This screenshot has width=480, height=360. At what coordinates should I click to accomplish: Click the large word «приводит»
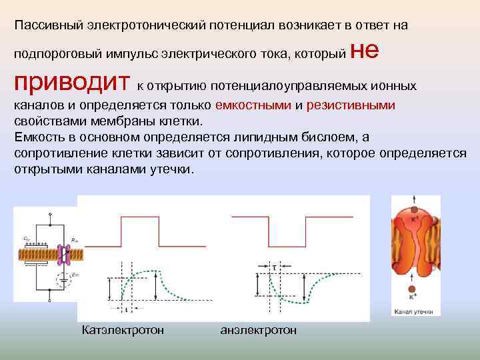(73, 83)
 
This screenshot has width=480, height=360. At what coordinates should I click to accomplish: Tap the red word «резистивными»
(351, 105)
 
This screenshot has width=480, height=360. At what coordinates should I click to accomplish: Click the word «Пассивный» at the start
(45, 25)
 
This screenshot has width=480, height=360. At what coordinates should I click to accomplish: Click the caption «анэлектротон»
(258, 331)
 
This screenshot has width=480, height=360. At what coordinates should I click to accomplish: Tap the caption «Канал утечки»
(414, 311)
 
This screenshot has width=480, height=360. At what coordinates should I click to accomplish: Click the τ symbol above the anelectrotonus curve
(274, 266)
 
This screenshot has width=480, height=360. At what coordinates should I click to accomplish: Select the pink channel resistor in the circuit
(64, 253)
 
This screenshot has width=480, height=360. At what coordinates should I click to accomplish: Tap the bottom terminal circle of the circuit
(49, 301)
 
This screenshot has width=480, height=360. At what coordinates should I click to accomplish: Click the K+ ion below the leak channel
(413, 289)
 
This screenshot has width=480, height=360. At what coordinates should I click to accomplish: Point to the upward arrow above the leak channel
(415, 200)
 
